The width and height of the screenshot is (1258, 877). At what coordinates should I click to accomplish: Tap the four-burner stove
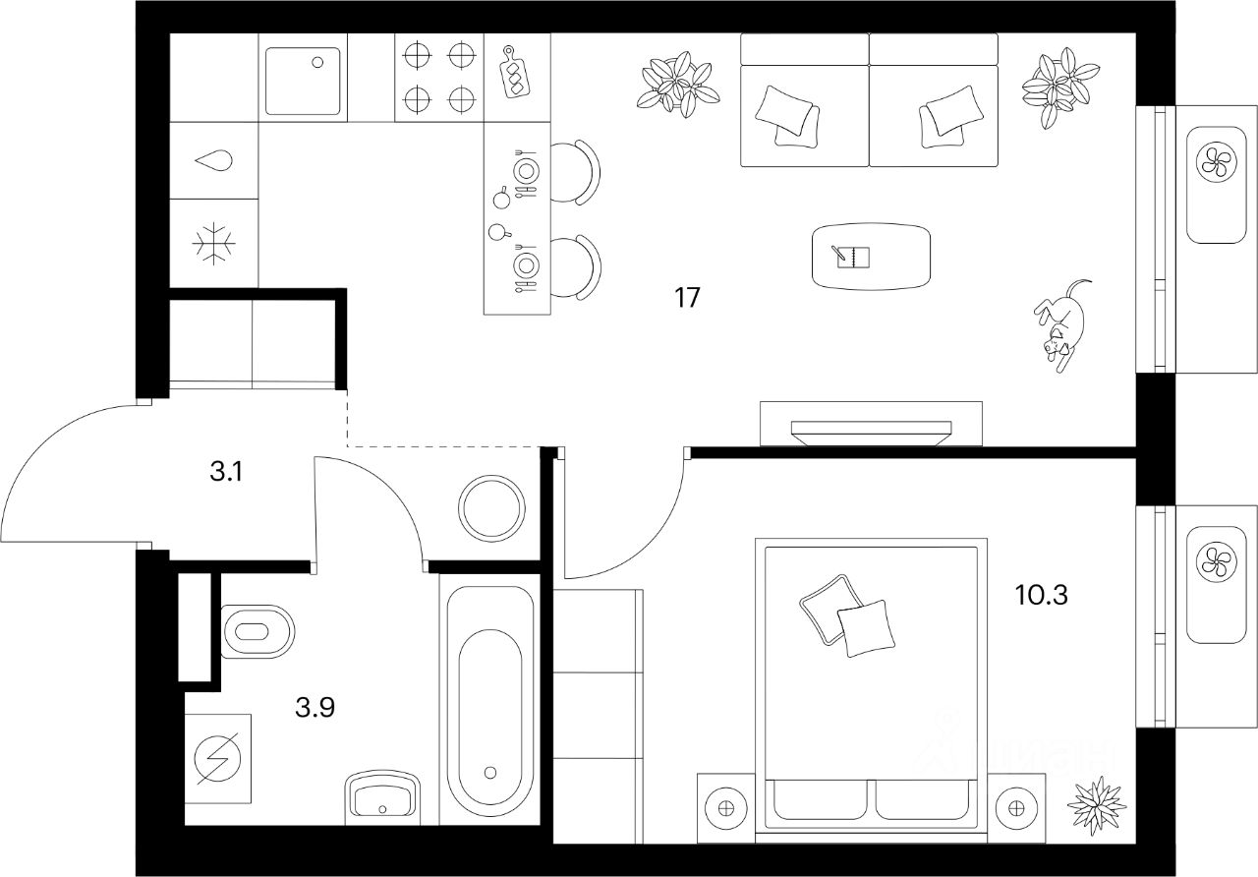pyautogui.click(x=439, y=77)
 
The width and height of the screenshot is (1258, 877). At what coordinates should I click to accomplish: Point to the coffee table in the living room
pyautogui.click(x=871, y=257)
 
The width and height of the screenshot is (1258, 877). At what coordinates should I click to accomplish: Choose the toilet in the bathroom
pyautogui.click(x=257, y=631)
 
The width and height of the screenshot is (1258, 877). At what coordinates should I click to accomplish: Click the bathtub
pyautogui.click(x=490, y=708)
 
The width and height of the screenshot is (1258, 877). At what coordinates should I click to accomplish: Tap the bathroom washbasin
pyautogui.click(x=381, y=795)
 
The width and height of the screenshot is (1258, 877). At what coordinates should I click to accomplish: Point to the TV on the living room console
pyautogui.click(x=871, y=430)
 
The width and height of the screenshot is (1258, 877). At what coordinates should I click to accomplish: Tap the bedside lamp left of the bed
pyautogui.click(x=726, y=808)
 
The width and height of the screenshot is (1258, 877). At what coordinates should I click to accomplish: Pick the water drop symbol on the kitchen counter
pyautogui.click(x=214, y=160)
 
